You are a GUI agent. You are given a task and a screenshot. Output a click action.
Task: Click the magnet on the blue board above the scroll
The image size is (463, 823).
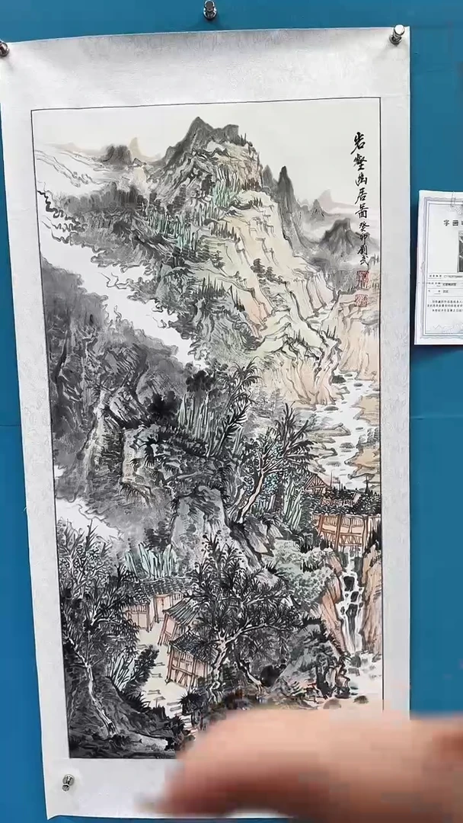209,10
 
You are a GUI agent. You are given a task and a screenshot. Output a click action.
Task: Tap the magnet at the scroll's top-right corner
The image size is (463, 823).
397,33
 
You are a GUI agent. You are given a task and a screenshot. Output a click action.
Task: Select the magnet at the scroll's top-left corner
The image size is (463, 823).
3,48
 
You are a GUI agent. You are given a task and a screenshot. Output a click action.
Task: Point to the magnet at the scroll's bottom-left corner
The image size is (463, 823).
69,781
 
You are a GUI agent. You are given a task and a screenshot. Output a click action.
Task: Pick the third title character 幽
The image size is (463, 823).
360,183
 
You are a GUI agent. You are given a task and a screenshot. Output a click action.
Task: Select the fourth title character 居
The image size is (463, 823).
361,201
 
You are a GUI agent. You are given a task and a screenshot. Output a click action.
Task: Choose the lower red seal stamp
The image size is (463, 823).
362,300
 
